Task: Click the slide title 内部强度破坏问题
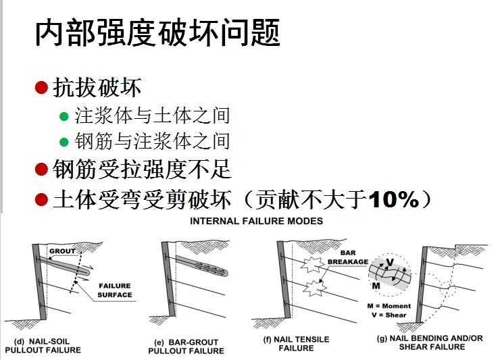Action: click(157, 32)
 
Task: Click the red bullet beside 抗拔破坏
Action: click(41, 87)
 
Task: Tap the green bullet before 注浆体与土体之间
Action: click(64, 116)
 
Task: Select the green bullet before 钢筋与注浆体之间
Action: click(64, 142)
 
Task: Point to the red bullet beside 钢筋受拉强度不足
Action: click(41, 169)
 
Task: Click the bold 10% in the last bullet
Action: click(394, 199)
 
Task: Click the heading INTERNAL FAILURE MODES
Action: click(256, 221)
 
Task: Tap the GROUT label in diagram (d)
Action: click(62, 251)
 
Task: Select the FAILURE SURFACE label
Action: click(115, 290)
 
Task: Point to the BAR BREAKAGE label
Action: click(348, 257)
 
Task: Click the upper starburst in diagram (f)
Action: click(313, 265)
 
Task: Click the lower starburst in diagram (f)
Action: click(315, 288)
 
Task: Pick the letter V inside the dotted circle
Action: click(390, 263)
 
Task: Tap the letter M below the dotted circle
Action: click(376, 286)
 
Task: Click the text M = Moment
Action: click(389, 306)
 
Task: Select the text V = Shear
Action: click(389, 315)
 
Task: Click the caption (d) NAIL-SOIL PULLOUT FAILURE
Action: click(43, 346)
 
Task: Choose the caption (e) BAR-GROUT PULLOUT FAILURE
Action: click(186, 346)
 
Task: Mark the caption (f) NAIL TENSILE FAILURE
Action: click(297, 344)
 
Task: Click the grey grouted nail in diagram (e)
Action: click(201, 265)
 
